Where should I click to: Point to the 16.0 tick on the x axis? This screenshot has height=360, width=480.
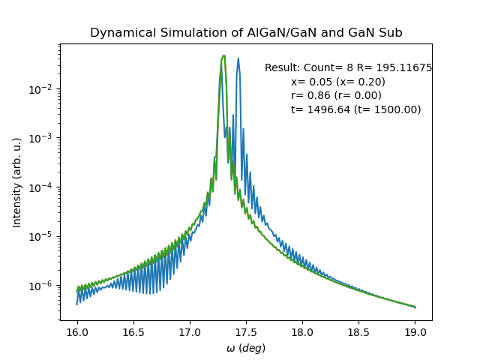coord(76,331)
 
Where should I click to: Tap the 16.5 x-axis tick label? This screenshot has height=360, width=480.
coord(133,331)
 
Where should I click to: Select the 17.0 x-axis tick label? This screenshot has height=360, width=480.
coord(190,331)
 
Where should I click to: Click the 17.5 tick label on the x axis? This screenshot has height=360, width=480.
coord(246,331)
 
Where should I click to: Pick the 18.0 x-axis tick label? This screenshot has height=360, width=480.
coord(302,331)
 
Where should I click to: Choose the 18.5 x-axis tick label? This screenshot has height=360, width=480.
coord(358,331)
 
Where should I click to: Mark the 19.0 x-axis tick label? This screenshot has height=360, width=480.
coord(415,331)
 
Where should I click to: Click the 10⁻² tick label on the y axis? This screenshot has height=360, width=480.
coord(44,88)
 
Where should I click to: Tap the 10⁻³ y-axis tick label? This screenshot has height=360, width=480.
coord(44,138)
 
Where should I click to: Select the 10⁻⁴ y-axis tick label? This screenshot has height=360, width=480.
coord(44,187)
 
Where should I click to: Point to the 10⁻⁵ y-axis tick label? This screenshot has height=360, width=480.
coord(44,236)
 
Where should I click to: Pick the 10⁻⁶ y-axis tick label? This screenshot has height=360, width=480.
coord(44,286)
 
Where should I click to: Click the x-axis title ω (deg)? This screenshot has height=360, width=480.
coord(246,348)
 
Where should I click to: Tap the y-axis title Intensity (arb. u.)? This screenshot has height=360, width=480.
coord(17,182)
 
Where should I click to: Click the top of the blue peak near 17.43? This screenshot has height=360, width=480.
coord(238,58)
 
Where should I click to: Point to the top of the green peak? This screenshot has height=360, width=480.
coord(223,55)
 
